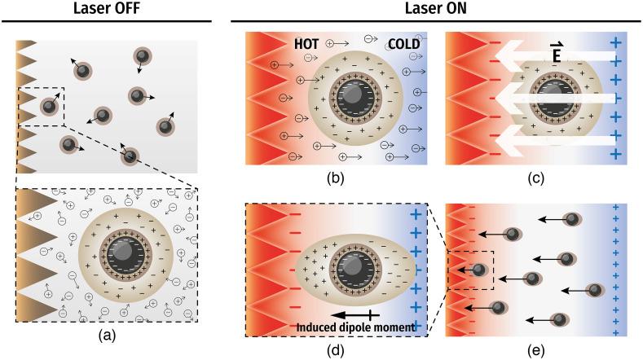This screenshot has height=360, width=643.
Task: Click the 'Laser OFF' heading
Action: click(x=107, y=10)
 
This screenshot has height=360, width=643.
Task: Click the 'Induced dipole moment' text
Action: click(x=360, y=328)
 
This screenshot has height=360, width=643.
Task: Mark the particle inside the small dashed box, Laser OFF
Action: click(x=50, y=106)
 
